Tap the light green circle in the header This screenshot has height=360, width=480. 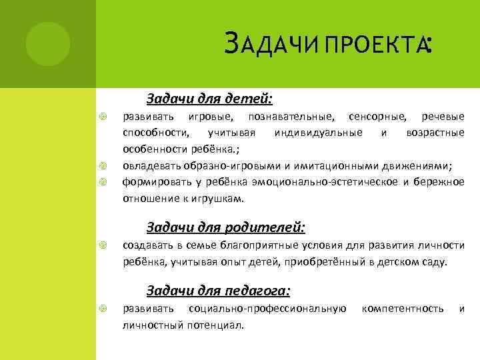[48, 43]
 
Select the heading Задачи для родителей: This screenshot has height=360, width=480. [225, 228]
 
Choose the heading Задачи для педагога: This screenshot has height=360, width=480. [218, 291]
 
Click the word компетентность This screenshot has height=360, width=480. [402, 309]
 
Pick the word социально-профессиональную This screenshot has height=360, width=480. [267, 309]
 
